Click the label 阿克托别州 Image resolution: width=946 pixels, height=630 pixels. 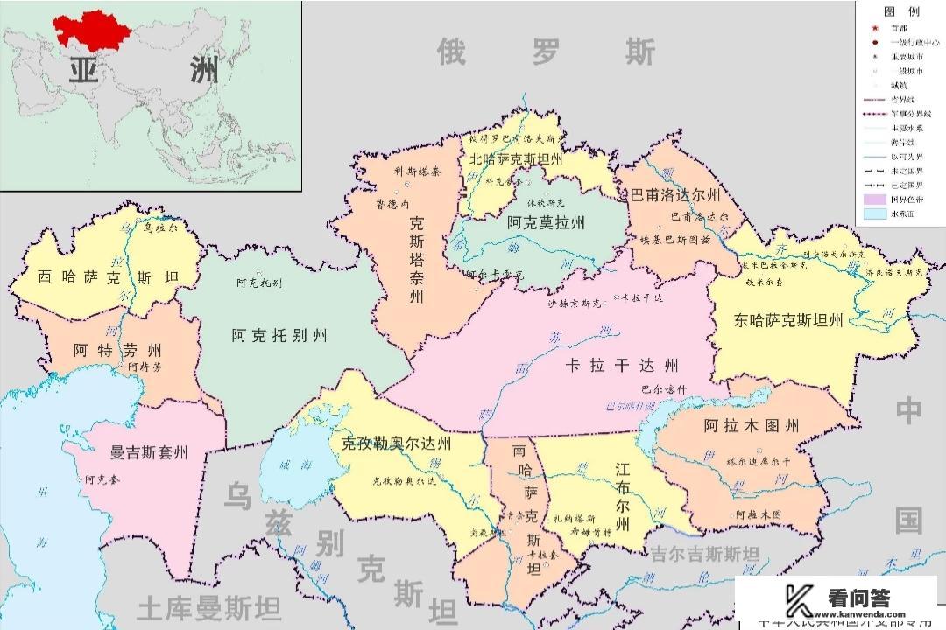coord(279,336)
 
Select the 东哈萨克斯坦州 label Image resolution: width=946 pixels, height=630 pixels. coord(789,321)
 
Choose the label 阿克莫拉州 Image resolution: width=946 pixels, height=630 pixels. coord(546,223)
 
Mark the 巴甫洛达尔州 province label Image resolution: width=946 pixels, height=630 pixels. coord(672,194)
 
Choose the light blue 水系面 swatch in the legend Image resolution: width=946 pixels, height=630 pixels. coord(875,213)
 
